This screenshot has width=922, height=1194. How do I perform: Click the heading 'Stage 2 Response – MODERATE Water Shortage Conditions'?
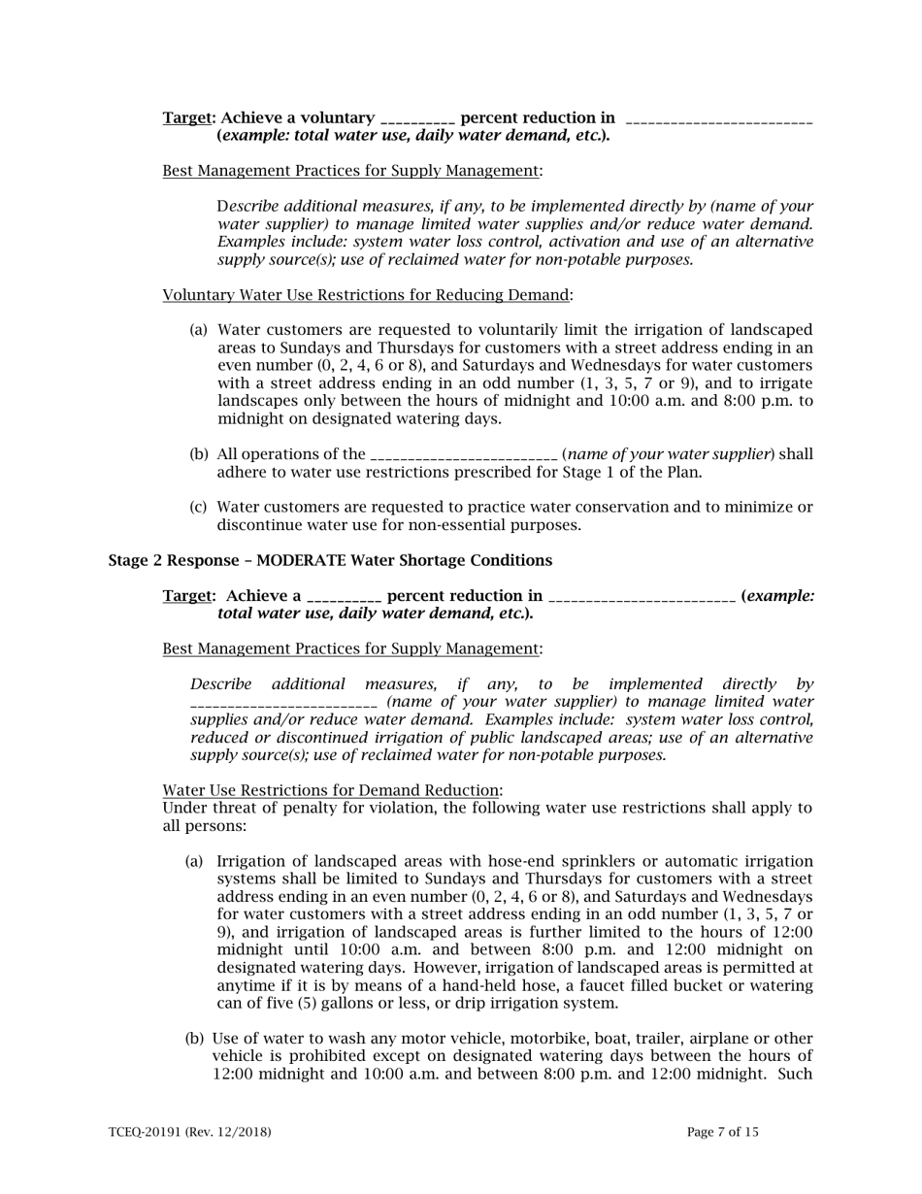330,560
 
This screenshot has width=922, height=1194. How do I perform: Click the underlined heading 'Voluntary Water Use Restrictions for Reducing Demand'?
365,294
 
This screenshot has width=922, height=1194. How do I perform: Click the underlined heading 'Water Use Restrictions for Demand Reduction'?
331,790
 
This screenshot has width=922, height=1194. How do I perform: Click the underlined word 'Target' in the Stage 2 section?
186,595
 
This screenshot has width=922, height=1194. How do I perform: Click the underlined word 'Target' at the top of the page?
186,117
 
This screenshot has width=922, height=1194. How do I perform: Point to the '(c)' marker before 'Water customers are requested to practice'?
198,507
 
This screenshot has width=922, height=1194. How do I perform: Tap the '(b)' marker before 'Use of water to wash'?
194,1039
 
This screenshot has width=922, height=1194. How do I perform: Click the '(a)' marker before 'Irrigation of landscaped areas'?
194,862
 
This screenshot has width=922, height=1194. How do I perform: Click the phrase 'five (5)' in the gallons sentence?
268,1003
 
